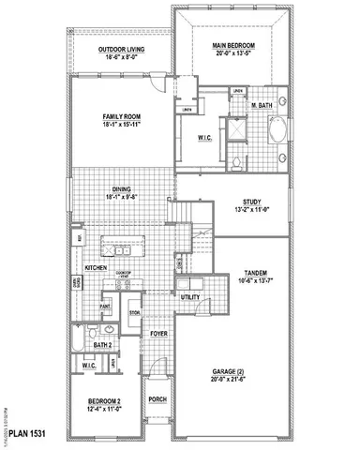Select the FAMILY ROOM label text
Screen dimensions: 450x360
click(121, 116)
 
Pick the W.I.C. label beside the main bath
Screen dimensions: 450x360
click(206, 138)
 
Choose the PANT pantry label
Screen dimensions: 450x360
click(106, 306)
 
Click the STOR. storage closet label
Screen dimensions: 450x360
click(133, 312)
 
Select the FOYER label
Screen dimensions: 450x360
click(157, 330)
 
